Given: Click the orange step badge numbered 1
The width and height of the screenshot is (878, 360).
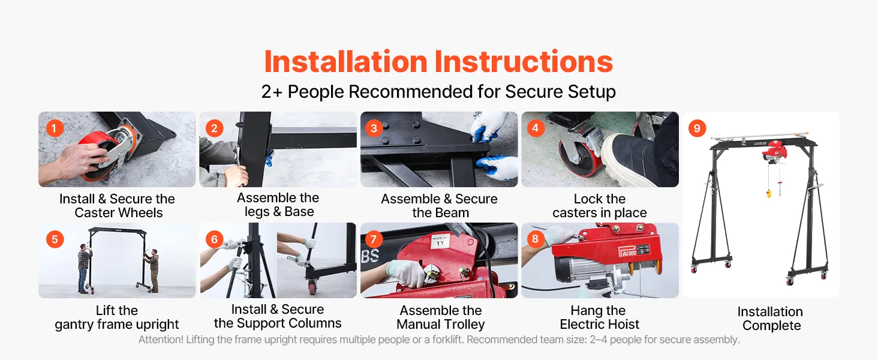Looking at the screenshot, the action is [55, 128].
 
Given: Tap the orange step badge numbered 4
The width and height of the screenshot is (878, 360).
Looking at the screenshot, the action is [536, 128].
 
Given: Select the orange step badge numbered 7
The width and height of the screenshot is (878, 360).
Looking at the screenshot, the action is [374, 239].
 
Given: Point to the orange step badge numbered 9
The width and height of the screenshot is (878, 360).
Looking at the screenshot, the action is [697, 128].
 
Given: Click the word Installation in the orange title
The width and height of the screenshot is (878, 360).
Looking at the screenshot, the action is [345, 62].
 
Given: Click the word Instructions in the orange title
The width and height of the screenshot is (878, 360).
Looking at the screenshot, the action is [524, 62].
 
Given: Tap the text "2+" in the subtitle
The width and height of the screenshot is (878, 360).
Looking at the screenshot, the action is [272, 92].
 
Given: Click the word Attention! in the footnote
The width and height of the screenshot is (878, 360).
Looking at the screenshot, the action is [161, 340].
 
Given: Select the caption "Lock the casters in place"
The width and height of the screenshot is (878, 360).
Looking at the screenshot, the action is [600, 206].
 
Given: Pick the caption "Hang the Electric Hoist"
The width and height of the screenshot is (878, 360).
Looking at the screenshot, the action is [599, 317].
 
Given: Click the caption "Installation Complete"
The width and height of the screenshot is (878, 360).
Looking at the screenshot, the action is [770, 319].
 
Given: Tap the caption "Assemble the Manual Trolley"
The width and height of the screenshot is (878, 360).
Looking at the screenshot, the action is [441, 317].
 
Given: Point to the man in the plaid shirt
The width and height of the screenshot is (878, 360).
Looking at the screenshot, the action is [84, 268].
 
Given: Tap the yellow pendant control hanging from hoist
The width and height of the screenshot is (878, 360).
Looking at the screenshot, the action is [769, 193].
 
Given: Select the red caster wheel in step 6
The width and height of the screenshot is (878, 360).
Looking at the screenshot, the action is [313, 288].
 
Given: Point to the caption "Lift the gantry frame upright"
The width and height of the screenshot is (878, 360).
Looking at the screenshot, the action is [117, 317].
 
